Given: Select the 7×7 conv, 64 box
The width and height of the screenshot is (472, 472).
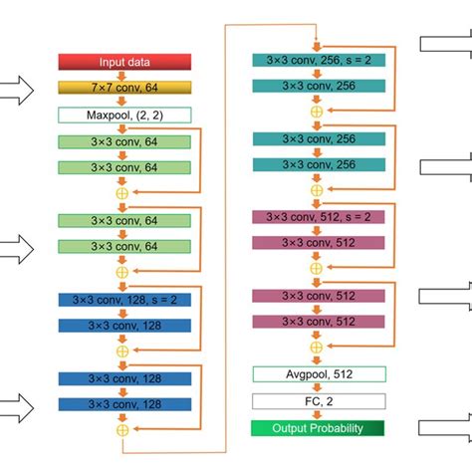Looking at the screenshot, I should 123,89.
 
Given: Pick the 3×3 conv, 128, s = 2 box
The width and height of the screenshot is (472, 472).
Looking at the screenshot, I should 123,299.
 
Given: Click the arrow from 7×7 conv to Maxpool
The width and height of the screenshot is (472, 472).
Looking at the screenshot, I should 123,102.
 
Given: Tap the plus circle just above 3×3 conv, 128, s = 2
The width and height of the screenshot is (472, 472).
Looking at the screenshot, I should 123,270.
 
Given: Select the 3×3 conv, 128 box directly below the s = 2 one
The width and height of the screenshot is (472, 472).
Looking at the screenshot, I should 123,325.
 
